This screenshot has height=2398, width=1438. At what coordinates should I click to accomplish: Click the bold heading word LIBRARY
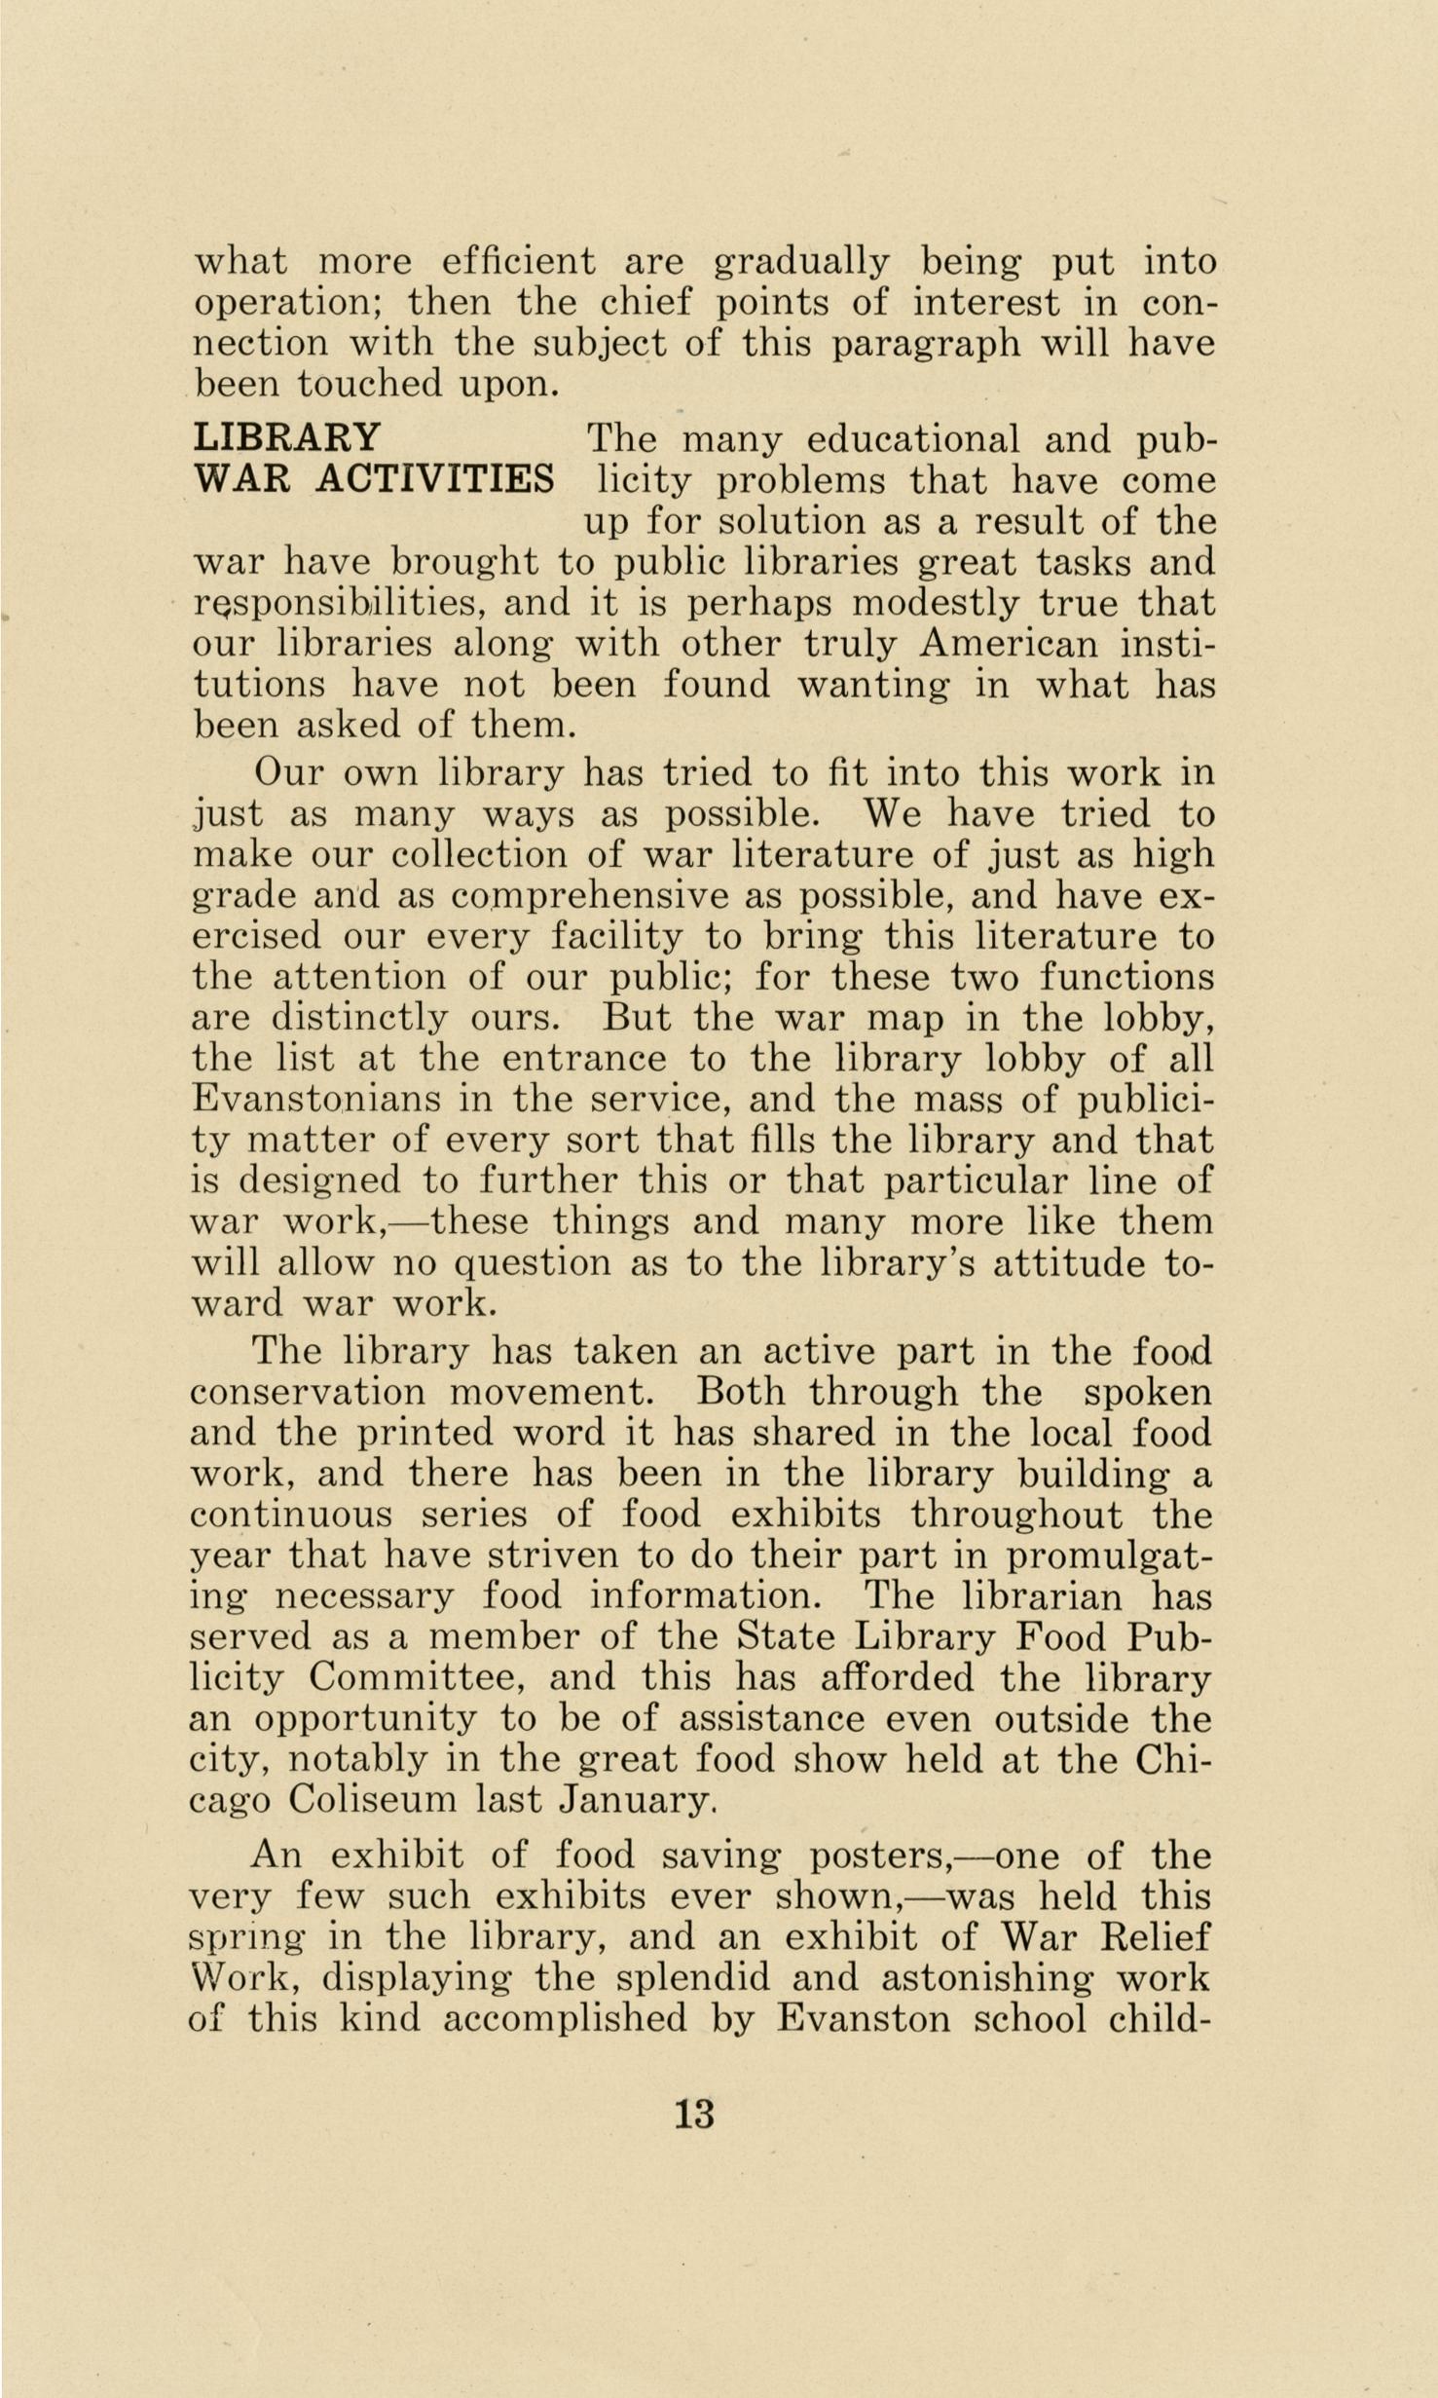click(288, 438)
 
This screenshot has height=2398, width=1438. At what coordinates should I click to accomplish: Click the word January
click(638, 1799)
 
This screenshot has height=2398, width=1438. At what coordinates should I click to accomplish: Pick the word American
click(1008, 644)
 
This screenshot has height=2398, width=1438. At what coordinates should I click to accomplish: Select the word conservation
click(307, 1392)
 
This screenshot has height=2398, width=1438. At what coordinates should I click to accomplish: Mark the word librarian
click(1042, 1595)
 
